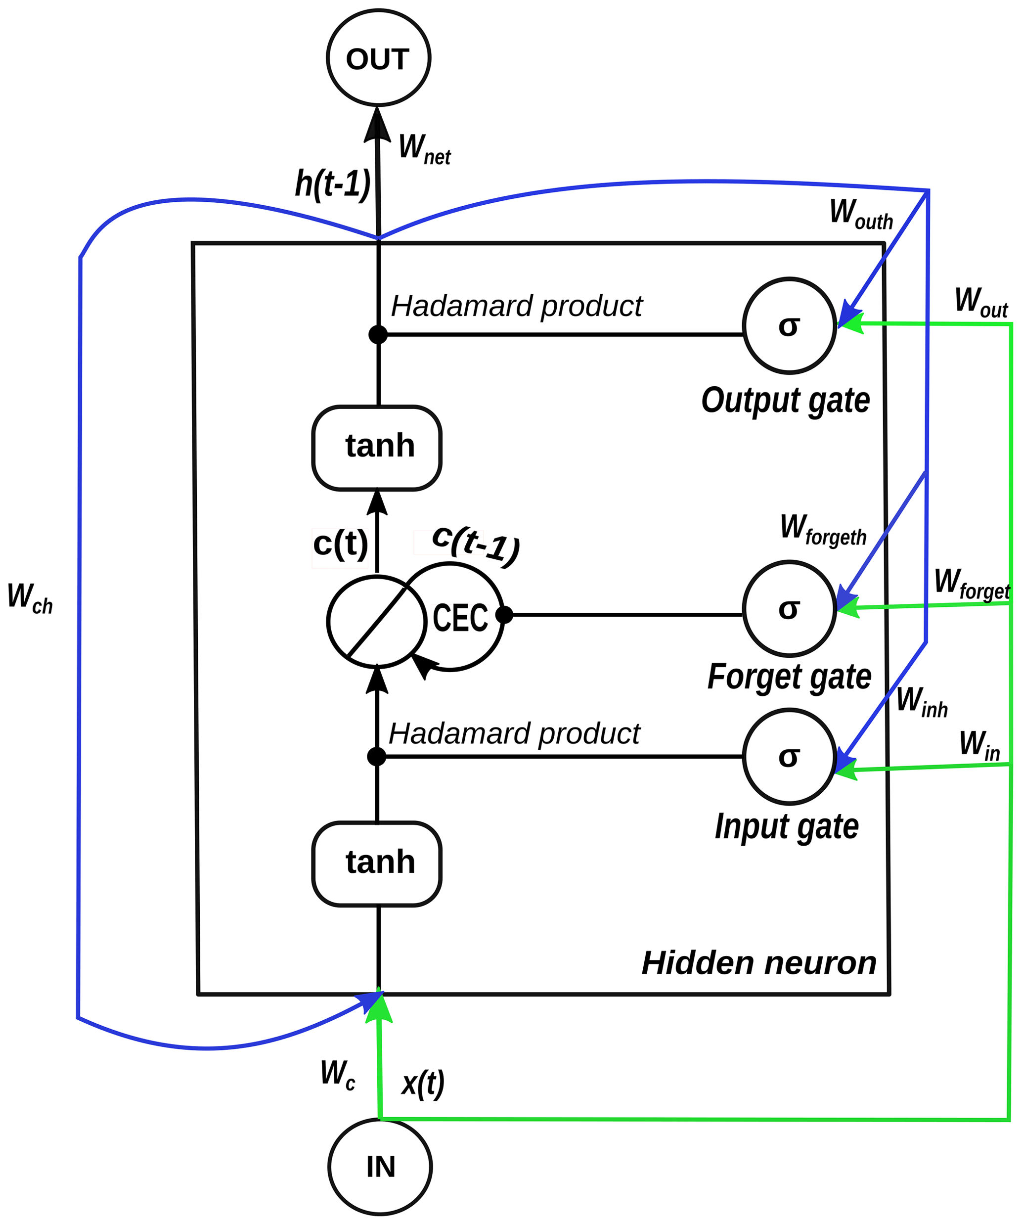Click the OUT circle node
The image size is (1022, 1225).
click(379, 58)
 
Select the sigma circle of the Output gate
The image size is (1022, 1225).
click(789, 325)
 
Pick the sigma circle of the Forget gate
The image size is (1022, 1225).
click(789, 608)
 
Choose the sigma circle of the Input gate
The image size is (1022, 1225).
click(789, 757)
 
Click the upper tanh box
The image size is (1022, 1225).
click(377, 448)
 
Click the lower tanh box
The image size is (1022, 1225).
click(377, 863)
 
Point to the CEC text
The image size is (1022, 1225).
click(460, 618)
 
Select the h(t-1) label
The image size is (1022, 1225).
click(332, 184)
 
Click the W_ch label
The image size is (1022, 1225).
click(30, 598)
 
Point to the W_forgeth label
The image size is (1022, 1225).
click(823, 530)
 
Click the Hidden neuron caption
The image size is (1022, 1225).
click(759, 963)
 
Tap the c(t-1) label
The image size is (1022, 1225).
click(476, 544)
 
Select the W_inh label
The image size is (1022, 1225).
click(922, 702)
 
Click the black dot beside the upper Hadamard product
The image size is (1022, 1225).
click(378, 335)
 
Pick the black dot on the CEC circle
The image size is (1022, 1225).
click(504, 614)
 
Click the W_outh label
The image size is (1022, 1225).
click(861, 214)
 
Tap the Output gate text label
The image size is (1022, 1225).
click(785, 401)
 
